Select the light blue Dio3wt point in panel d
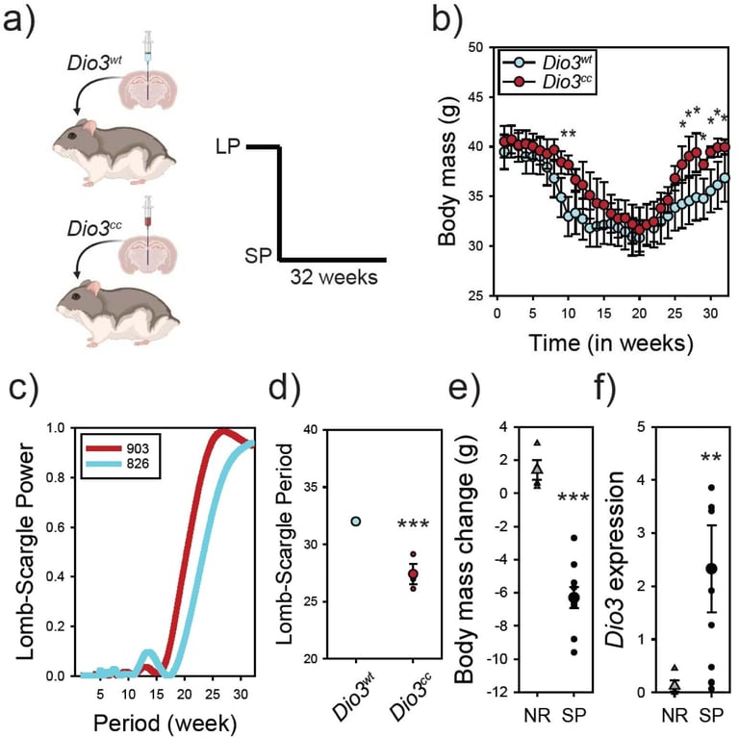pos(355,522)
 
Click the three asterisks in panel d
pos(415,526)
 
